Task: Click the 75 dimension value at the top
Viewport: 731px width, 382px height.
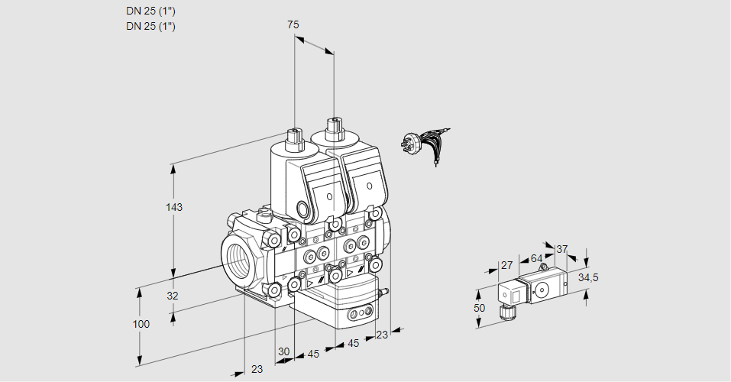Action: pos(293,24)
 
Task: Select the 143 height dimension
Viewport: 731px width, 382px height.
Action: pos(176,207)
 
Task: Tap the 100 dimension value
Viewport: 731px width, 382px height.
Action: pos(141,324)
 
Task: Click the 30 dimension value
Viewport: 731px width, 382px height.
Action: pos(284,351)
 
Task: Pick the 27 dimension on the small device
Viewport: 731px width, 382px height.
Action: pos(506,265)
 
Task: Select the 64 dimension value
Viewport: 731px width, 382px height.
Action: pos(536,258)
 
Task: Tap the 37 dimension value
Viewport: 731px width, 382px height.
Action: pos(562,249)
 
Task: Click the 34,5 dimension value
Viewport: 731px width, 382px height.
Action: pos(588,277)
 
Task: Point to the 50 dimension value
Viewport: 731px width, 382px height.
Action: pos(479,307)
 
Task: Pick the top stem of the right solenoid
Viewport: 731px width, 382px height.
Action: pos(333,127)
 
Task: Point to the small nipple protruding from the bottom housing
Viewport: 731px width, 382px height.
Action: pos(384,291)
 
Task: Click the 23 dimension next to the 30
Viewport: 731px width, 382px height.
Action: pos(257,369)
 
